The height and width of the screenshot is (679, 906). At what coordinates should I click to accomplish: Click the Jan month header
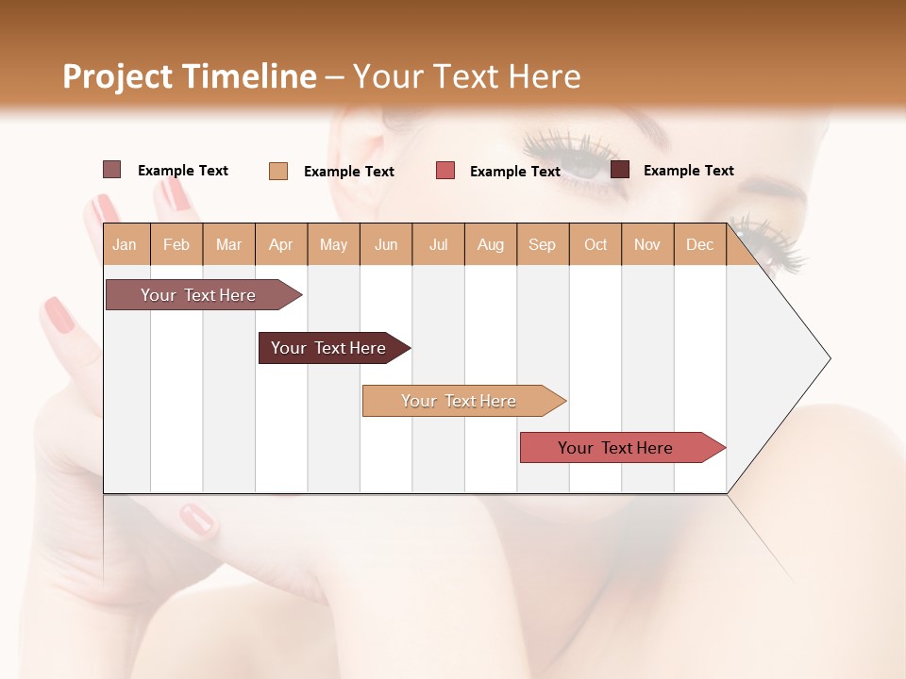point(125,245)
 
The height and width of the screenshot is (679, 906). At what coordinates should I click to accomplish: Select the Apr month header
point(280,245)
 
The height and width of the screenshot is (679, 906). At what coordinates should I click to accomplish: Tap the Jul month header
point(438,245)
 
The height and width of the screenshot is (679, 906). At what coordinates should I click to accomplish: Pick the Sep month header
point(542,245)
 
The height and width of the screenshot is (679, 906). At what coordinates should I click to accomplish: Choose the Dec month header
point(699,245)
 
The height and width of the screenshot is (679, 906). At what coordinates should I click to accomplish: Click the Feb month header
point(176,245)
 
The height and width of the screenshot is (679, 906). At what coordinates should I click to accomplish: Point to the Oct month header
point(596,245)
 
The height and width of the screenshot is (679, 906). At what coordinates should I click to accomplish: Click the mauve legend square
point(111,170)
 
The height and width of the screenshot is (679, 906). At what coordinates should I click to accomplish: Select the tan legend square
point(277,171)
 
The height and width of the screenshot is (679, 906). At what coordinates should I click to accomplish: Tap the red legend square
point(445,171)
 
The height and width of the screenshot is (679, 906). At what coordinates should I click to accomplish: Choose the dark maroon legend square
point(620,170)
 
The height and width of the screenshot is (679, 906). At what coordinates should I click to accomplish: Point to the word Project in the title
point(117,76)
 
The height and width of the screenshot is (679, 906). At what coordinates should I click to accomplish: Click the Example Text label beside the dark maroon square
point(688,171)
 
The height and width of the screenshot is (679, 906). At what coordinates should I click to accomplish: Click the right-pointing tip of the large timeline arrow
point(828,358)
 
